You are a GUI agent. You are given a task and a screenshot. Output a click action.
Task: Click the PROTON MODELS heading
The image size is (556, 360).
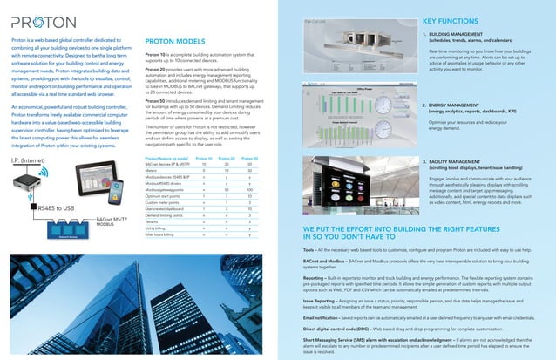click(175, 40)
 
